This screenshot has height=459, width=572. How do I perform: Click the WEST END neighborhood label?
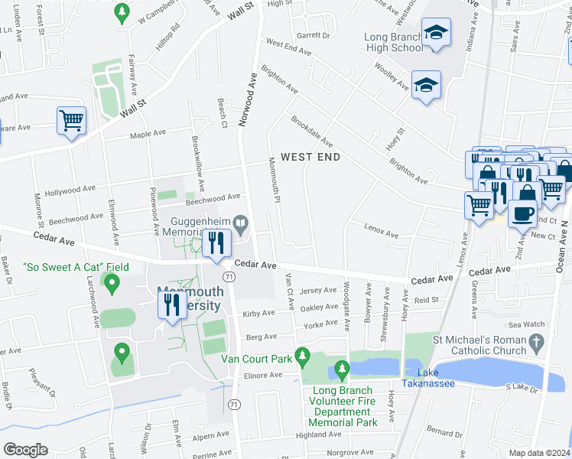coord(310,157)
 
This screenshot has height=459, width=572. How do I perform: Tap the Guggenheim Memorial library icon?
coord(241,224)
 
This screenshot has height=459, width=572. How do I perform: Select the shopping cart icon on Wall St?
coord(71,121)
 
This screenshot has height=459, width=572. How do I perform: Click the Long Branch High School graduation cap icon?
coord(436,32)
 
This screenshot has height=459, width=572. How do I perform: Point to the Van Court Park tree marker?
coord(303,356)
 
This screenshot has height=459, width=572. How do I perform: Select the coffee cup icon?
coord(523,213)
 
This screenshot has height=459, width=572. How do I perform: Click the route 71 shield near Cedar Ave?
coord(228,275)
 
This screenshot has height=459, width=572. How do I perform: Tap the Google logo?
coord(24,450)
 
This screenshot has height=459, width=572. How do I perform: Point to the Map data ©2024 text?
coord(538,453)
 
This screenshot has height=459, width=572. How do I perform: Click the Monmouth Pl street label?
coord(273,181)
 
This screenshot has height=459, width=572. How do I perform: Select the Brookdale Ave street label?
coord(311,131)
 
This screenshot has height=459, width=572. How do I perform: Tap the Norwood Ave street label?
coord(247,99)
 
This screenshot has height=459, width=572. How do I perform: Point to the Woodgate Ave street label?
coord(346,305)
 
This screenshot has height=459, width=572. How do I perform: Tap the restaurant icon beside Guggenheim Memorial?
coord(216,243)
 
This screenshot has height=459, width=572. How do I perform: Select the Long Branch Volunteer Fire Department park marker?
coord(342,372)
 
